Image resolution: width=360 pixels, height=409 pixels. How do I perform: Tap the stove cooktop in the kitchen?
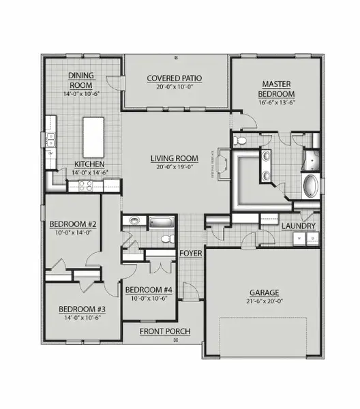pyautogui.click(x=87, y=183)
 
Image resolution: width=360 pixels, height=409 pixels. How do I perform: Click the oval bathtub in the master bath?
pyautogui.click(x=310, y=186)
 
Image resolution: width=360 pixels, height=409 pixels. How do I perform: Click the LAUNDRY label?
pyautogui.click(x=299, y=226)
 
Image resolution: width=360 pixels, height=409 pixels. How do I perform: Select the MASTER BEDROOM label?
pyautogui.click(x=276, y=88)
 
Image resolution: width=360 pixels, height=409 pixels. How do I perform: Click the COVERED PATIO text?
pyautogui.click(x=176, y=78)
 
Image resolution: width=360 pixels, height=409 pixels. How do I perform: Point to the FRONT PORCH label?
pyautogui.click(x=164, y=332)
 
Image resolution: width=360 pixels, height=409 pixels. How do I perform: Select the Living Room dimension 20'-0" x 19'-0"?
pyautogui.click(x=175, y=166)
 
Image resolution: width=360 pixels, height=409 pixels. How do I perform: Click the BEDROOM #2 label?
pyautogui.click(x=72, y=224)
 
